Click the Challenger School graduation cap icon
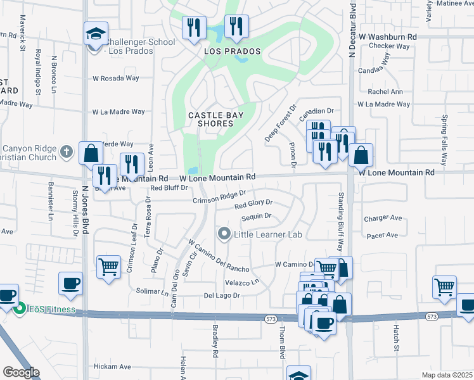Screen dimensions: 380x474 point(96,33)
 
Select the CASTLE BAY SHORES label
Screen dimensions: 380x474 point(211,119)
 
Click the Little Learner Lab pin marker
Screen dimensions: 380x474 point(224,234)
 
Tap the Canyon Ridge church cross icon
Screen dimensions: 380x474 point(67,151)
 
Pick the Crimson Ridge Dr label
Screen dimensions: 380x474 point(219,198)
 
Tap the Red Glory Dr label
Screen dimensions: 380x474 point(253,204)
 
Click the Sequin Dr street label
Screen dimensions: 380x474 point(256,217)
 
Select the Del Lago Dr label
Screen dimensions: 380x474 point(222,296)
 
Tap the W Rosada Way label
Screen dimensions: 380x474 point(115,79)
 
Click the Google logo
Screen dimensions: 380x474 point(21,372)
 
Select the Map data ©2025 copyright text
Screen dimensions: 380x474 point(446,375)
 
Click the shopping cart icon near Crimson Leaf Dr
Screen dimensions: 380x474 point(108,266)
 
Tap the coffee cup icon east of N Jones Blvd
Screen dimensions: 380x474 point(70,283)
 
